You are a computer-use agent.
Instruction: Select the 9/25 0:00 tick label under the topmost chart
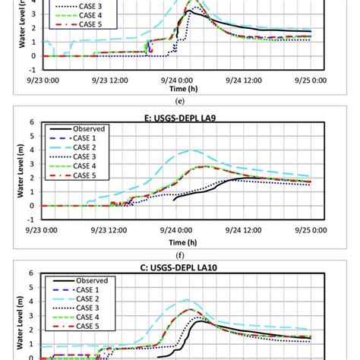coord(311,77)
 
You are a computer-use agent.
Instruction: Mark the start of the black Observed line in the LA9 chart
coord(174,200)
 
